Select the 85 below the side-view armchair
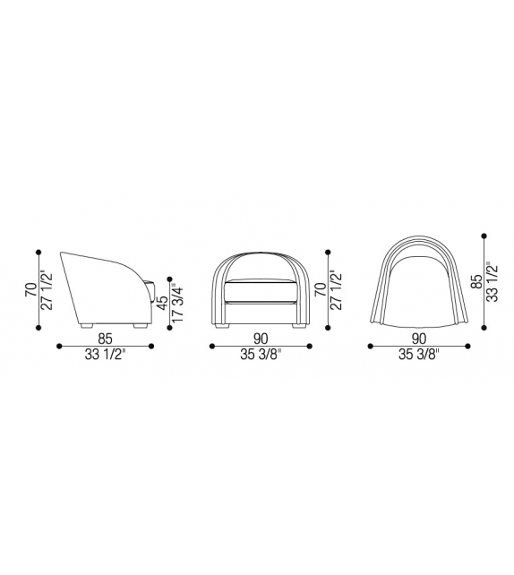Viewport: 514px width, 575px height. (105, 339)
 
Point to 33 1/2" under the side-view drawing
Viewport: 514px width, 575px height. (106, 355)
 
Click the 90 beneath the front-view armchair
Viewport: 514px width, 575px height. (261, 339)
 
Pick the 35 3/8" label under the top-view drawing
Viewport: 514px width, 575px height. (419, 355)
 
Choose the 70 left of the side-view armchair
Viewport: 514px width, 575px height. (31, 289)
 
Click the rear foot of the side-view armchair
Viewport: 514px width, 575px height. (87, 325)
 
